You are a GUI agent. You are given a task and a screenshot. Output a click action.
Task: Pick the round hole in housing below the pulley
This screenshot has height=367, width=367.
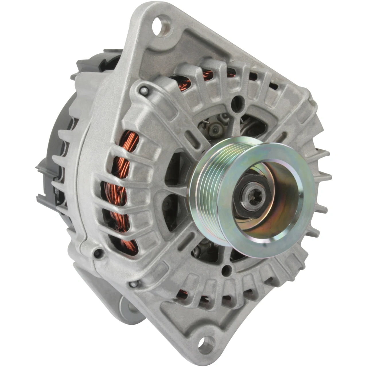pyautogui.click(x=227, y=269)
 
